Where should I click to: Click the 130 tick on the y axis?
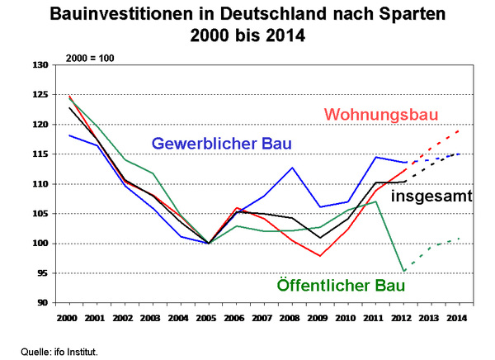tap(39, 65)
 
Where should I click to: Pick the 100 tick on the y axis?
tap(39, 244)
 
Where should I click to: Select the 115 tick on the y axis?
tap(39, 154)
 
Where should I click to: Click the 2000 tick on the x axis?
tap(68, 317)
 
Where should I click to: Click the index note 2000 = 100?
tap(90, 59)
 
